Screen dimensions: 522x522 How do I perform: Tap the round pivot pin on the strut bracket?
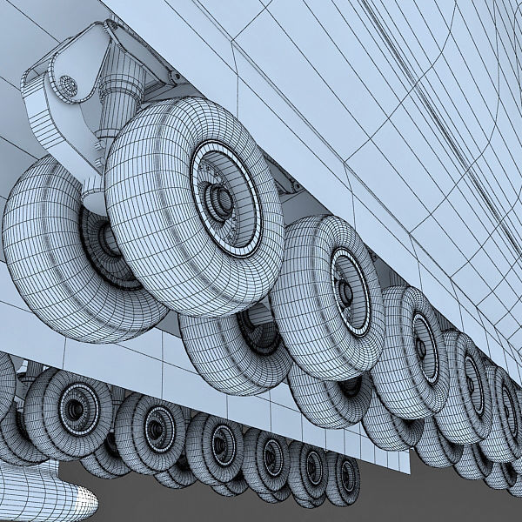coord(68,85)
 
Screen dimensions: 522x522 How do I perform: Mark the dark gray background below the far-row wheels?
coord(418,496)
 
